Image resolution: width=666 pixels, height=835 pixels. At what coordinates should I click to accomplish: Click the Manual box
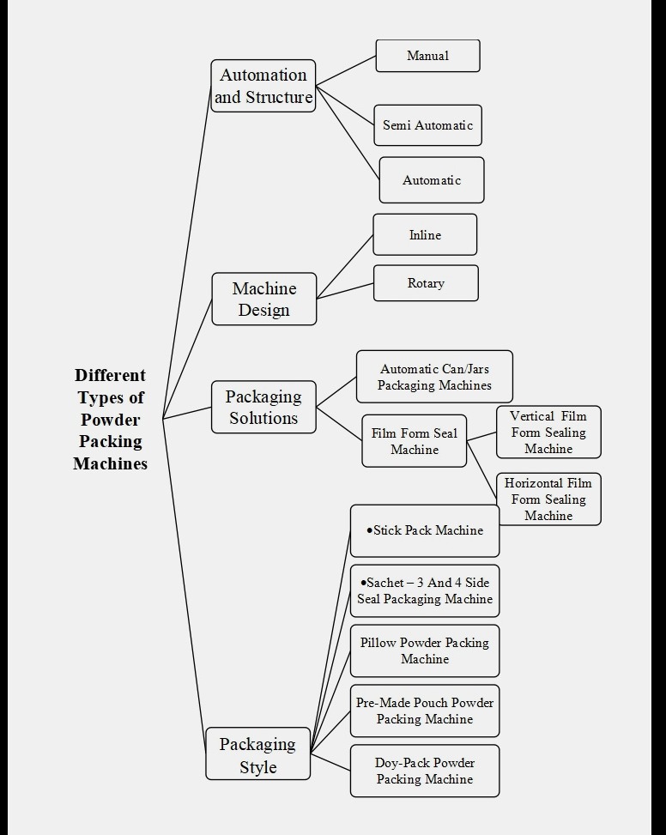[x=427, y=56]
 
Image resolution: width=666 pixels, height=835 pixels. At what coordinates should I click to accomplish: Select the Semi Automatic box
[x=427, y=125]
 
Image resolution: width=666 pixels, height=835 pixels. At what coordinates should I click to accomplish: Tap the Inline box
[x=425, y=234]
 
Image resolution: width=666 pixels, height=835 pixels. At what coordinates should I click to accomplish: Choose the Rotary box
[x=426, y=283]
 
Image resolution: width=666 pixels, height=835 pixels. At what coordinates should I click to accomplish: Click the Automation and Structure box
[x=263, y=86]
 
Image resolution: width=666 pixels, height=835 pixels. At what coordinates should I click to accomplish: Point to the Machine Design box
[x=264, y=299]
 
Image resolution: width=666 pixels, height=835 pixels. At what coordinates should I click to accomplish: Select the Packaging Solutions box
[x=263, y=407]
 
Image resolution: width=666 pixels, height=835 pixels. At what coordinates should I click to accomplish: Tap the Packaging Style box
[x=257, y=754]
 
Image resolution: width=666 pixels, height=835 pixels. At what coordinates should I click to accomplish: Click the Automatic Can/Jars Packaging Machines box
[x=434, y=377]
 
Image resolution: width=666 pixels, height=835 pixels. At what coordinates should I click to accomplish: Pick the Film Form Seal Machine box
[x=414, y=441]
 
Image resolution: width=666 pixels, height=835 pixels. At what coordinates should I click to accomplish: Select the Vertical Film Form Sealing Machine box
[x=548, y=433]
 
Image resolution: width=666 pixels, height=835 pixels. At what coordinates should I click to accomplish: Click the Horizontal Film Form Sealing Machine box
[x=548, y=499]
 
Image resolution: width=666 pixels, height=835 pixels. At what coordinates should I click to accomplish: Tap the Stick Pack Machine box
[x=425, y=530]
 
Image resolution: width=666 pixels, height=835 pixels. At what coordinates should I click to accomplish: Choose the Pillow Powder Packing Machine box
[x=425, y=650]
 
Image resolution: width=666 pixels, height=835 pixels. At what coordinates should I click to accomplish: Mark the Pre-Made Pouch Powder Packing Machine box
[x=425, y=711]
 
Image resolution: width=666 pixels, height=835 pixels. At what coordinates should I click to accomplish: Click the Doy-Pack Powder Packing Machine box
[x=425, y=771]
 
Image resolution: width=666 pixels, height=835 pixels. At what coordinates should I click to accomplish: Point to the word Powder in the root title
[x=110, y=420]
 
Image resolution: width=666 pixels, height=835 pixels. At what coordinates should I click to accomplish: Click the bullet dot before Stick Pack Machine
[x=369, y=530]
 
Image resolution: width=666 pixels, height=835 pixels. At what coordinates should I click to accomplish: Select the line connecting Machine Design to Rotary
[x=345, y=291]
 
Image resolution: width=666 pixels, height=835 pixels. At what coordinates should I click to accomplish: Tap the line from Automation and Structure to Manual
[x=346, y=71]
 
